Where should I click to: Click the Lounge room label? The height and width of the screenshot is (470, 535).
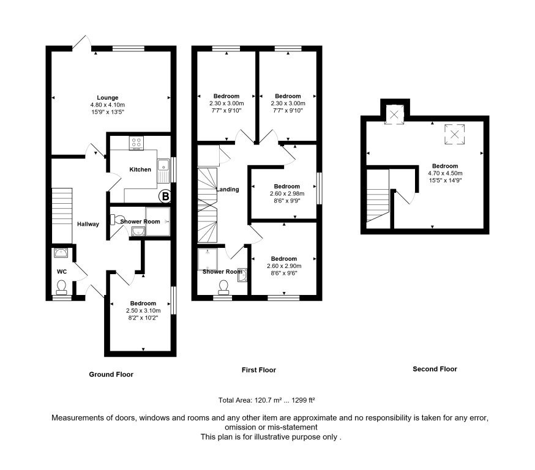[107, 97]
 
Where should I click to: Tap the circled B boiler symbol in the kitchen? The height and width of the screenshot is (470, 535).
[164, 196]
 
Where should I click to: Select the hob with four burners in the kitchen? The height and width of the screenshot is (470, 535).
[136, 143]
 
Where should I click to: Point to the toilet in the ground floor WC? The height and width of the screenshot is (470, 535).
[61, 286]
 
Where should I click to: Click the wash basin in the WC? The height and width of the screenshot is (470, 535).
[61, 253]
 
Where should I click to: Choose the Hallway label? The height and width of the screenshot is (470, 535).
[88, 224]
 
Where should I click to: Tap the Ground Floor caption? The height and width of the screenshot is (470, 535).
[111, 374]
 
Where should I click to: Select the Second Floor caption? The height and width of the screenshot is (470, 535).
[435, 369]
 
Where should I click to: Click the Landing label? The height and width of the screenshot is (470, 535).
[227, 190]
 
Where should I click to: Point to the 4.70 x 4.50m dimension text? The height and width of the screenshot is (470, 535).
[444, 173]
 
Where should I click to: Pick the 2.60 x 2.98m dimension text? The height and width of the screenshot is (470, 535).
[286, 193]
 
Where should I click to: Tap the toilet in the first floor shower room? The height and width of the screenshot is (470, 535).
[223, 286]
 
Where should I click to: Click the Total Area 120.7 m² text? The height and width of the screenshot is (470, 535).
[266, 400]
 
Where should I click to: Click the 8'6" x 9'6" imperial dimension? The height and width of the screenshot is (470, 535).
[283, 273]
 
